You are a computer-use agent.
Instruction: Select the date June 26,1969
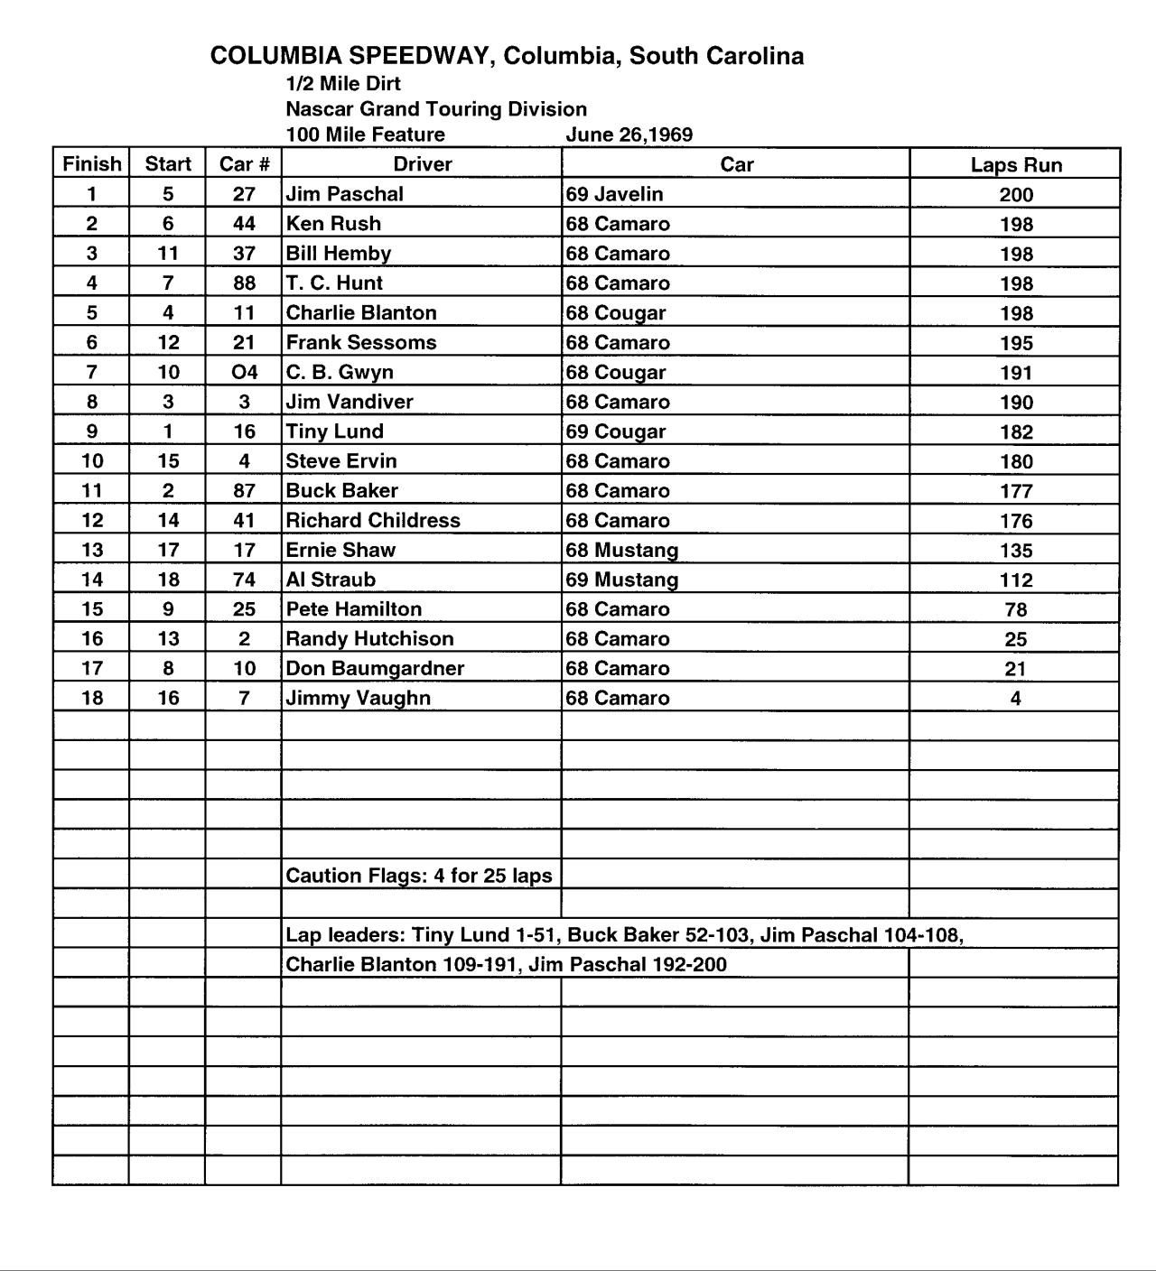pos(629,135)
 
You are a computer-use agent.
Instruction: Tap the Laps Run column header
pos(1016,164)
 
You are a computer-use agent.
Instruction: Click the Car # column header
pos(244,164)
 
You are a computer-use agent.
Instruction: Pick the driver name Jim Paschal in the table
pos(344,194)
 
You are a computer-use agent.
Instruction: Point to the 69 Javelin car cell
pos(614,194)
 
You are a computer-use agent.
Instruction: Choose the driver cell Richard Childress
pos(373,520)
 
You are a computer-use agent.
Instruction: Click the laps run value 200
pos(1016,194)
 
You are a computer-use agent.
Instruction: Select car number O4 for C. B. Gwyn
pos(244,372)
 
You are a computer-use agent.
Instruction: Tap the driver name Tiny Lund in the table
pos(334,431)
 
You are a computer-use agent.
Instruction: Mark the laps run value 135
pos(1016,550)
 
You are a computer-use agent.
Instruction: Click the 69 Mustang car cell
pos(621,580)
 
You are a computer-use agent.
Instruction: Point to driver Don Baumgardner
pos(375,668)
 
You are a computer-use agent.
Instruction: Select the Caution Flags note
pos(419,876)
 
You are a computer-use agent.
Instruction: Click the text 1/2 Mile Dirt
pos(343,84)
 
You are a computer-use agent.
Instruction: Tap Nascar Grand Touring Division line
pos(436,109)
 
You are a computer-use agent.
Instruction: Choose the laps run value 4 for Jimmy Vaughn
pos(1015,698)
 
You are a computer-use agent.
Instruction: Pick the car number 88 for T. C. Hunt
pos(244,283)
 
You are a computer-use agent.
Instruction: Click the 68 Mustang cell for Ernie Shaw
pos(621,550)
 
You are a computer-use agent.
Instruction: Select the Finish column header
pos(91,164)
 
